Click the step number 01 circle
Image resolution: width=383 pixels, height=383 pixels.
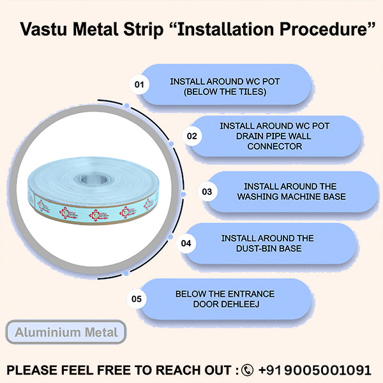139,84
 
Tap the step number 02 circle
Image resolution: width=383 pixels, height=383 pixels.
192,136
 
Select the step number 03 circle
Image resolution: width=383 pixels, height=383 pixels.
206,191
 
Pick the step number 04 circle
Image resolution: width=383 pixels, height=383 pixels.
186,243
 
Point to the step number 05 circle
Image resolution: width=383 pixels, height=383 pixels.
137,298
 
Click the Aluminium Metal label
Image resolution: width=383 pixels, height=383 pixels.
66,332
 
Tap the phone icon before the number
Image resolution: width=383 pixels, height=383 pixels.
247,370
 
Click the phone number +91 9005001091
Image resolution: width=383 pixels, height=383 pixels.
314,370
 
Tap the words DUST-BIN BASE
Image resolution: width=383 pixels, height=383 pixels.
267,248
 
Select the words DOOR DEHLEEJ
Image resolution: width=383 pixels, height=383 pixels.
225,304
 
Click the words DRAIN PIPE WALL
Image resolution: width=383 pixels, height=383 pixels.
274,136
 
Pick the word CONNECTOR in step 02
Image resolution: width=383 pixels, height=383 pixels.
274,146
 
